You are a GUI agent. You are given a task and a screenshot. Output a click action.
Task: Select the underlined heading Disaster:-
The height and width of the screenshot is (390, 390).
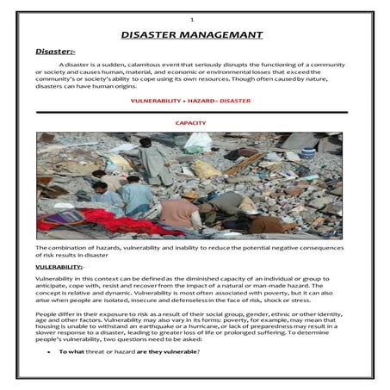point(55,53)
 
